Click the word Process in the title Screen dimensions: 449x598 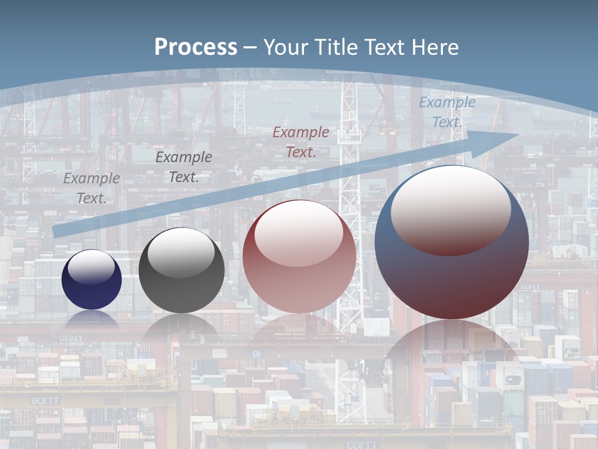(x=196, y=47)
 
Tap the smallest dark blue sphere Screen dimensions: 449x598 (x=92, y=280)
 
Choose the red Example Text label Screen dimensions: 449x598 (x=301, y=142)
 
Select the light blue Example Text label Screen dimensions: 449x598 (x=447, y=112)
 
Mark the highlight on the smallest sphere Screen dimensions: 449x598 (x=92, y=267)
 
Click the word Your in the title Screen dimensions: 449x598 (x=288, y=47)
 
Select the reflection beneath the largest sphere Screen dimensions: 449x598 (x=452, y=355)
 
